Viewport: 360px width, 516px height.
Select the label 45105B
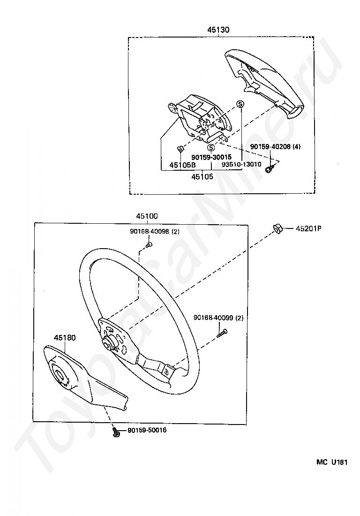coord(182,165)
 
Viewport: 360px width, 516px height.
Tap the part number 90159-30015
coord(211,157)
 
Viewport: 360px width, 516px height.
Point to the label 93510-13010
coord(241,165)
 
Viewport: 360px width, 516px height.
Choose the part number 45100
coord(147,217)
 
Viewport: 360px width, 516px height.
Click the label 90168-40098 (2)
coord(155,231)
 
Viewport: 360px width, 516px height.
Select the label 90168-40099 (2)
coord(218,318)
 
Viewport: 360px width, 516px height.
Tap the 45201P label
coord(308,229)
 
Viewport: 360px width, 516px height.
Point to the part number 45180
coord(65,337)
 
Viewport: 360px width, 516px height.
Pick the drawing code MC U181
coord(331,462)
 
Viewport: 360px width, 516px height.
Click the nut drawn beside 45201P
coord(277,228)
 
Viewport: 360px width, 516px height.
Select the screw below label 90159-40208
coord(269,168)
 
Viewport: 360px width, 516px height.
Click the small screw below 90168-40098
coord(149,244)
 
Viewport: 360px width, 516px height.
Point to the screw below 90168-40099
coord(222,333)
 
